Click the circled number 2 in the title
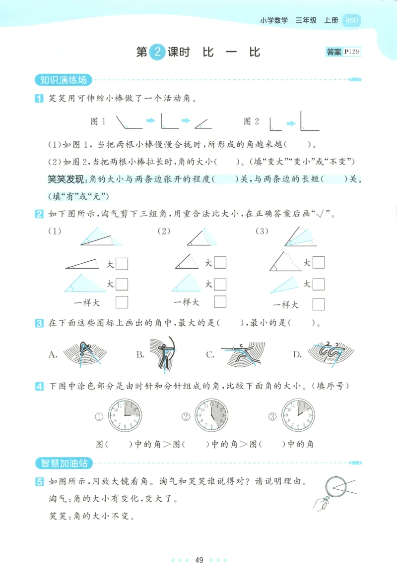(x=157, y=53)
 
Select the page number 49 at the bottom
(x=199, y=560)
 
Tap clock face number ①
(x=125, y=415)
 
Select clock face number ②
(x=211, y=415)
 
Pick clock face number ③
(x=298, y=415)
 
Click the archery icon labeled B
(x=163, y=354)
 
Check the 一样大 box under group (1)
(x=122, y=302)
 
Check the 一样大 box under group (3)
(x=319, y=304)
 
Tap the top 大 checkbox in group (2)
(x=220, y=263)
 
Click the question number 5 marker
(x=39, y=481)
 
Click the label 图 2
(x=251, y=121)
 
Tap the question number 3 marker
(x=39, y=324)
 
